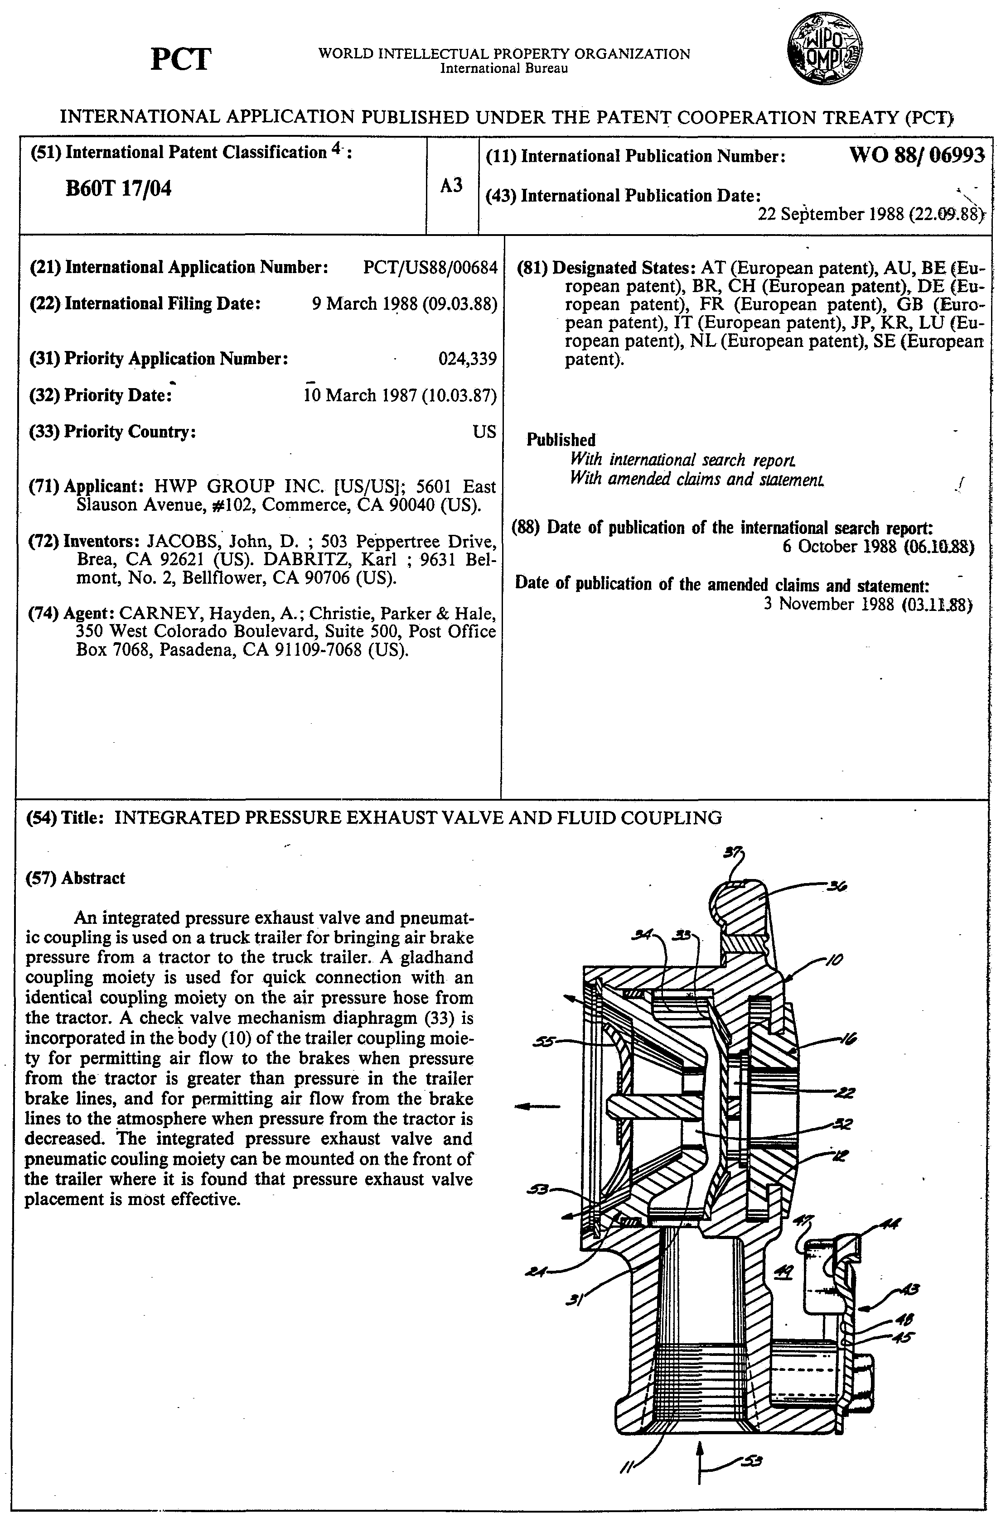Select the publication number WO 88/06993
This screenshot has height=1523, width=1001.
[x=916, y=155]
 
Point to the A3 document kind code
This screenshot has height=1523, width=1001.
[x=451, y=186]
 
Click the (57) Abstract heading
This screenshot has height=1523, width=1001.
[x=75, y=878]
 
